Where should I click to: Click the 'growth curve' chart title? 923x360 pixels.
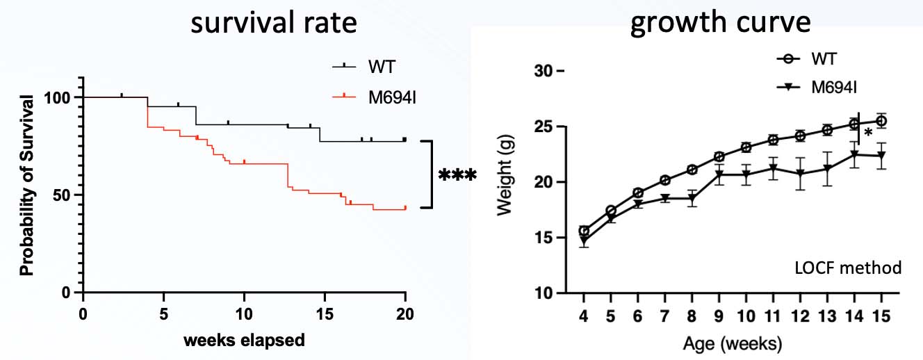coord(720,24)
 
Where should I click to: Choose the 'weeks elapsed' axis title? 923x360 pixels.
coord(243,341)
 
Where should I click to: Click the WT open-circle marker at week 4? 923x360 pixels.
coord(585,231)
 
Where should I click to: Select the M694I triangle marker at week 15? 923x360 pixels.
coord(881,156)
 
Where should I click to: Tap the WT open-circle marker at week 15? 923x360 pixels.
coord(881,121)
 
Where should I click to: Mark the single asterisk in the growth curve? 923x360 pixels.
coord(868,133)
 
